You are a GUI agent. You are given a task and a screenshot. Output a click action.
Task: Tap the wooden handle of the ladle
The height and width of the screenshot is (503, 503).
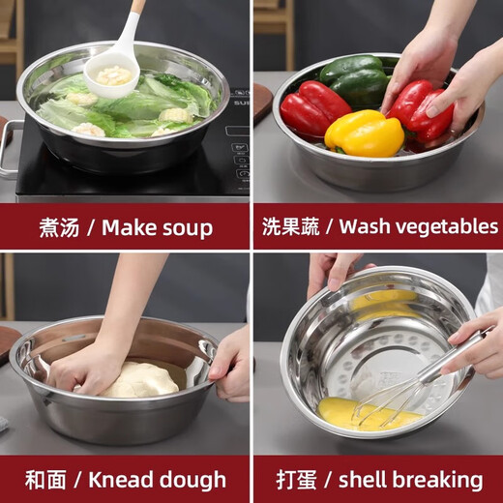(138, 7)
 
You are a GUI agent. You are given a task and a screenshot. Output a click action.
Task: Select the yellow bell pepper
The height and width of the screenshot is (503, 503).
(364, 133)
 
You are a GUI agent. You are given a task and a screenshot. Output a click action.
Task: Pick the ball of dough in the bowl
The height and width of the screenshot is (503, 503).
(141, 379)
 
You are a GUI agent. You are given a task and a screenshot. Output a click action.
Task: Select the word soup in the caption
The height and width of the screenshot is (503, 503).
(184, 228)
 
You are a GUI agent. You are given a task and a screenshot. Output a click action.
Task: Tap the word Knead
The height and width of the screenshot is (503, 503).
(121, 480)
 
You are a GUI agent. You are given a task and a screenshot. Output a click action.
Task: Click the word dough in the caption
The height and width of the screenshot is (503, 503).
(192, 480)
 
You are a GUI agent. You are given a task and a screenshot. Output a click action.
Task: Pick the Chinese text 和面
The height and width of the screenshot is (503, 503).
(45, 480)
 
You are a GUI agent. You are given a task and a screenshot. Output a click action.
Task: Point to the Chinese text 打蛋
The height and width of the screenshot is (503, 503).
(296, 480)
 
